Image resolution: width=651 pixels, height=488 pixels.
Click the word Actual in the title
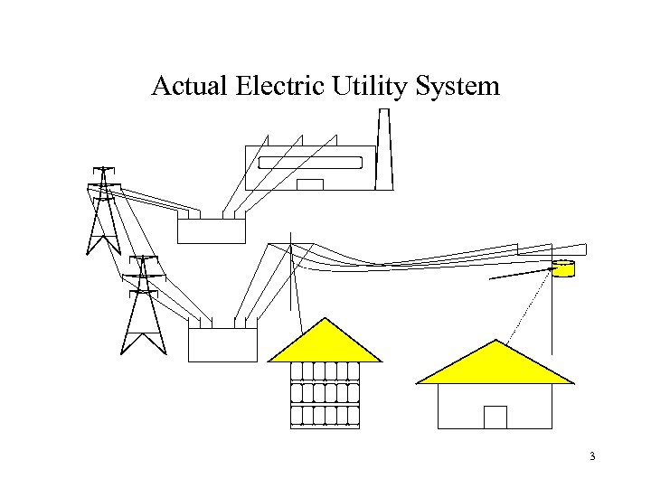coord(188,87)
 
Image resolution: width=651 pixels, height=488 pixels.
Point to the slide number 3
coord(592,456)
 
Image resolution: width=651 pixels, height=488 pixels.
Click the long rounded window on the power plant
coord(310,163)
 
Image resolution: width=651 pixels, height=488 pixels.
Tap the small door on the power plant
coord(310,184)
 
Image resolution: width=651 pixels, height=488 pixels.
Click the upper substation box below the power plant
coord(212,231)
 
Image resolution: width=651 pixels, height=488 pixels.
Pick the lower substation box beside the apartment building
coord(222,344)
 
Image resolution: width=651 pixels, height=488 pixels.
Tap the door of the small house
coord(495,417)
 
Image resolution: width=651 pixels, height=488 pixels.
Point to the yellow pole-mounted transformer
coord(563,269)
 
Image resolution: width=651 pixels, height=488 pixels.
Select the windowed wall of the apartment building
coord(325,394)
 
